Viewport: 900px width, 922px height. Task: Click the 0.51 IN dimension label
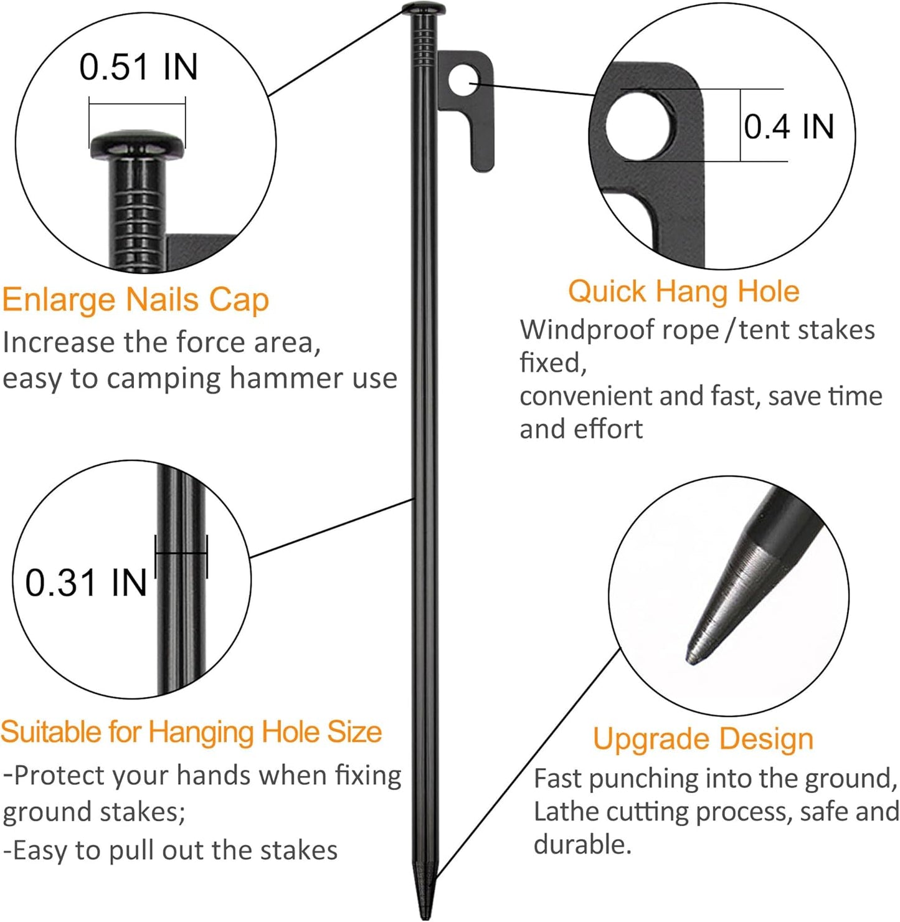tap(138, 67)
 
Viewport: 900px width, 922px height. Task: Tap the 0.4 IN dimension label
tap(789, 126)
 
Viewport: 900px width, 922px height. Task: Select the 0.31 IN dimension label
tap(86, 583)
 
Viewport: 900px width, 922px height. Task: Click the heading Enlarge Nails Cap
tap(135, 300)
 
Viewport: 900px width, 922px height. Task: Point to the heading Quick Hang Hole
tap(683, 292)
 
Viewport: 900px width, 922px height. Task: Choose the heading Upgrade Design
tap(703, 739)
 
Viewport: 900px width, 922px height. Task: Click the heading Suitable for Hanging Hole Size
tap(191, 732)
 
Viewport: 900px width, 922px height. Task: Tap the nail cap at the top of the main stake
tap(424, 9)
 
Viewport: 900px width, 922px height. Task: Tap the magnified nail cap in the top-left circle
tap(138, 144)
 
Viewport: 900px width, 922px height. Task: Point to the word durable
tap(582, 845)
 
